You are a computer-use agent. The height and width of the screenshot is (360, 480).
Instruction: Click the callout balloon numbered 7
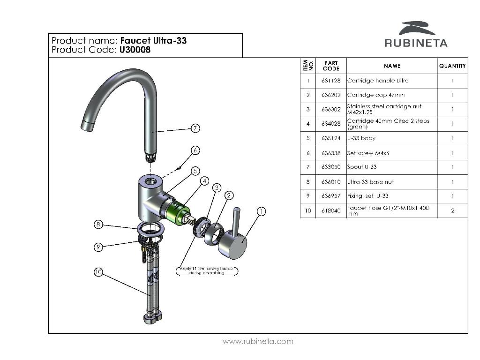(195, 128)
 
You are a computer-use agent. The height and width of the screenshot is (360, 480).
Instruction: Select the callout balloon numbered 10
(98, 272)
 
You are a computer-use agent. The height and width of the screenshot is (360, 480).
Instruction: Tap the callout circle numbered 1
(261, 212)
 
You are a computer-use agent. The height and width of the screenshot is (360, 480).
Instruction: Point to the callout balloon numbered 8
(98, 225)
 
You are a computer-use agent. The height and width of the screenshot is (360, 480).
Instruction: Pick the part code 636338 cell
(331, 153)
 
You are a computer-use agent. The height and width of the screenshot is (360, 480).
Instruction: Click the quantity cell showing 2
(452, 210)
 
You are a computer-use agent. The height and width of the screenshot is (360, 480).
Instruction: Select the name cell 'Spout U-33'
(362, 167)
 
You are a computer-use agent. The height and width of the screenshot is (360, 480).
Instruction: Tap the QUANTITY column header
(452, 66)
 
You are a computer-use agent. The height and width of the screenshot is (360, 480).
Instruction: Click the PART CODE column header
(331, 66)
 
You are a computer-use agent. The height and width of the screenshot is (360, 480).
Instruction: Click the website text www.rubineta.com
(258, 341)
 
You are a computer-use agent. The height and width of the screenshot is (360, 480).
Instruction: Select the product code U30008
(135, 50)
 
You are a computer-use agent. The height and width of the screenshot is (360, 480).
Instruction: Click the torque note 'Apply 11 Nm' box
(207, 270)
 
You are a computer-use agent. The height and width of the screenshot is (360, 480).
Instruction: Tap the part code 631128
(331, 81)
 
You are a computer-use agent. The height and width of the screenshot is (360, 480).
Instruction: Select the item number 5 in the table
(308, 138)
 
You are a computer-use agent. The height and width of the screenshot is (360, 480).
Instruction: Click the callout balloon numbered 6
(195, 150)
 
